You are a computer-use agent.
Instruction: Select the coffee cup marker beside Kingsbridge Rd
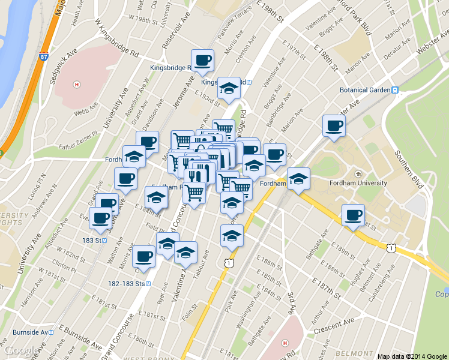(202, 60)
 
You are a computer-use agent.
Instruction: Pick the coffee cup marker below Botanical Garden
(334, 125)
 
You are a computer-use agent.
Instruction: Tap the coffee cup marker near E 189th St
(353, 215)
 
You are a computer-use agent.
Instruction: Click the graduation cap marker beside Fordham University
(298, 179)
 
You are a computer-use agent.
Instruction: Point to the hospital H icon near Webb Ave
(76, 83)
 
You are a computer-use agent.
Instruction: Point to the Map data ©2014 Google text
(412, 356)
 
